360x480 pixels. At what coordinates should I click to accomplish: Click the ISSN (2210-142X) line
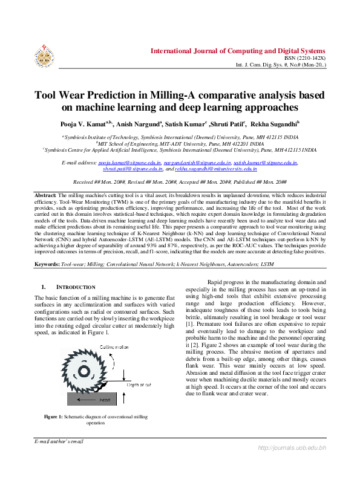[x=309, y=58]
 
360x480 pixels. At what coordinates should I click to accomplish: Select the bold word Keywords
[x=47, y=265]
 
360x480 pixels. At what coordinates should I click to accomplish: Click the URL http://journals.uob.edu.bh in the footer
[x=292, y=447]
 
